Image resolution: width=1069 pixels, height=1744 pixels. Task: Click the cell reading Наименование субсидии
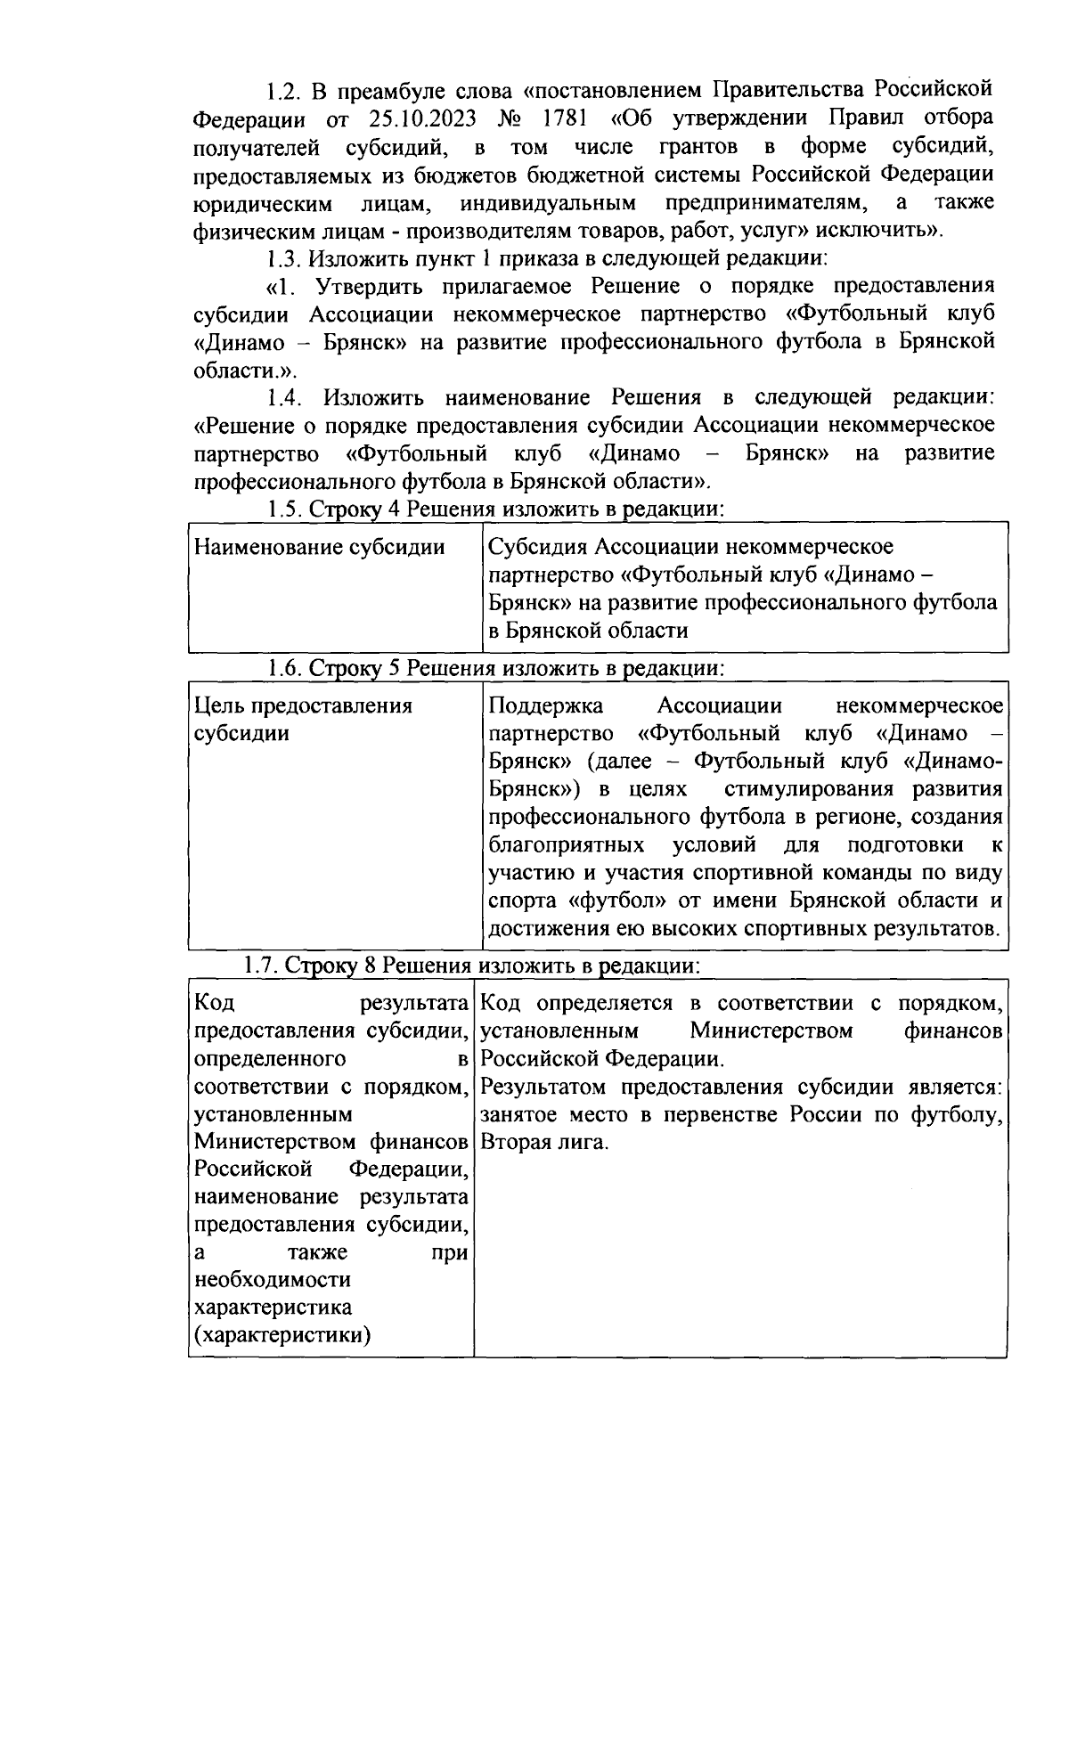[x=319, y=547]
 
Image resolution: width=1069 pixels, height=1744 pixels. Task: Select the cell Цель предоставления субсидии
[x=303, y=720]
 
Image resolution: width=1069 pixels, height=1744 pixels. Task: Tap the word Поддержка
[x=545, y=706]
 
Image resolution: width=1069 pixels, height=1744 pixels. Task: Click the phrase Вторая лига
[x=545, y=1142]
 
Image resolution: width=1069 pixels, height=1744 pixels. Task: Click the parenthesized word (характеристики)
[x=283, y=1335]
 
